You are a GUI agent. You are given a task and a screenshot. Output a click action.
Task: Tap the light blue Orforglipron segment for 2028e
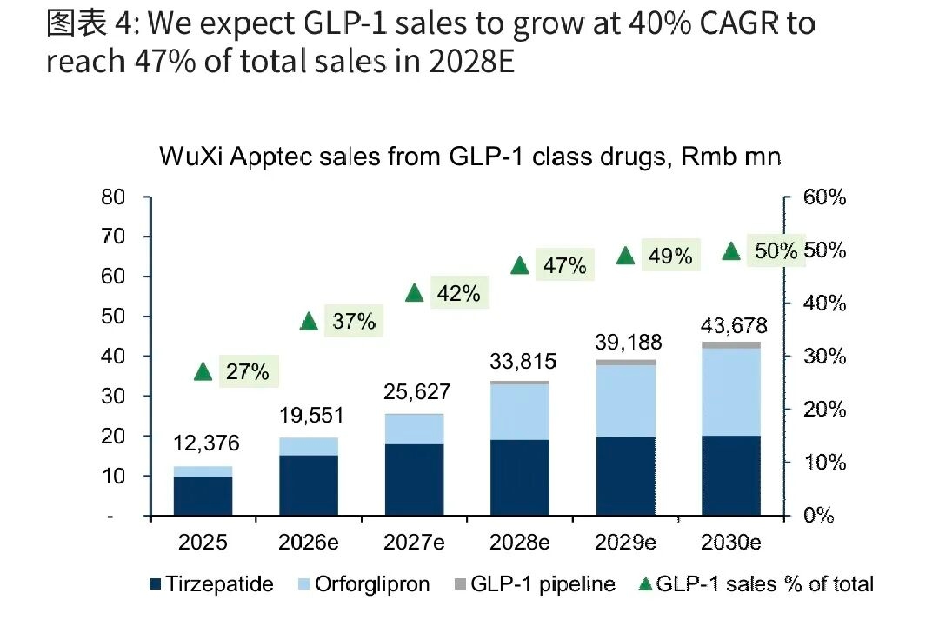[520, 411]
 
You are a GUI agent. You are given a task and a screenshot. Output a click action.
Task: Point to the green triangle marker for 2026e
[309, 322]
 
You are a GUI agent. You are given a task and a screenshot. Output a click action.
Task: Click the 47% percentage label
[564, 266]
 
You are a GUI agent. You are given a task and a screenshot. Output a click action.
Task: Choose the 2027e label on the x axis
[414, 542]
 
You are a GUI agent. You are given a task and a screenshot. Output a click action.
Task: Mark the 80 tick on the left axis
[114, 197]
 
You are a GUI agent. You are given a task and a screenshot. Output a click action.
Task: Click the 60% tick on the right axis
[824, 197]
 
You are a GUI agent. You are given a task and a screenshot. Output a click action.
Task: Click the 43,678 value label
[735, 326]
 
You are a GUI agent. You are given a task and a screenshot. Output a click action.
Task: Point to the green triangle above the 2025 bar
[203, 372]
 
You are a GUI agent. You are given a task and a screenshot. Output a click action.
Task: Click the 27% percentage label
[248, 372]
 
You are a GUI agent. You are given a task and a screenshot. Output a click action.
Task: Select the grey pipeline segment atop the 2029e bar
[625, 362]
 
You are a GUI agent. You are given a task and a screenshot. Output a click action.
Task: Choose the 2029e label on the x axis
[625, 542]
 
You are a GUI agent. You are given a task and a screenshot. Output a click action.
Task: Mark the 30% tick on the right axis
[824, 357]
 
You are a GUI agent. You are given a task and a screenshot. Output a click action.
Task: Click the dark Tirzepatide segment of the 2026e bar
[309, 485]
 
